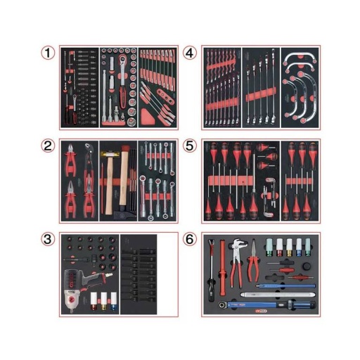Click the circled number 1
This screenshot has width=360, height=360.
(48, 53)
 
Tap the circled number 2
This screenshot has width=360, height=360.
(48, 146)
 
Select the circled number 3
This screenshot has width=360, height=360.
(48, 240)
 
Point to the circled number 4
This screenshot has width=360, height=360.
(189, 53)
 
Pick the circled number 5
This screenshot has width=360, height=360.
(189, 146)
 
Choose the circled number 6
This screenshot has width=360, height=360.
(189, 240)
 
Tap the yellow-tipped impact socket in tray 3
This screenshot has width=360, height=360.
(103, 301)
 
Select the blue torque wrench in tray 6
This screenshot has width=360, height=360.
(267, 305)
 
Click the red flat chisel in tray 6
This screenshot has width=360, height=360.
(222, 268)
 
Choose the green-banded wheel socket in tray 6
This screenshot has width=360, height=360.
(269, 247)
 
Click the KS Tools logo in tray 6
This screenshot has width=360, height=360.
(260, 311)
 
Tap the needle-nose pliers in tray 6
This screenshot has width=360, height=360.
(253, 262)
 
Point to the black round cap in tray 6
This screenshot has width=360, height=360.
(307, 266)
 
